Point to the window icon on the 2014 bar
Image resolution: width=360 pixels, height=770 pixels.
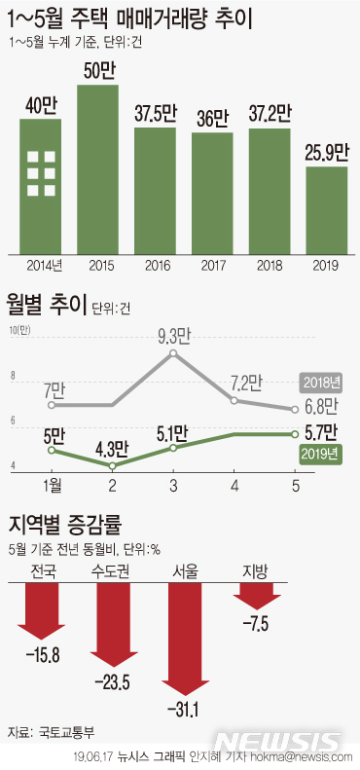[x=41, y=173]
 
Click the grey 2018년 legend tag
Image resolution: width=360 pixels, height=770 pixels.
[x=318, y=383]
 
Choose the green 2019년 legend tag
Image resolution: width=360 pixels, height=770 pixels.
[x=318, y=453]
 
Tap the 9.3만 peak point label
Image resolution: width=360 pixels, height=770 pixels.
[x=174, y=336]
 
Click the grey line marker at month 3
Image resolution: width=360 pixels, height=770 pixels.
[x=174, y=353]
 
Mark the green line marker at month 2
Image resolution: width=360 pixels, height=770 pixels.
[x=111, y=466]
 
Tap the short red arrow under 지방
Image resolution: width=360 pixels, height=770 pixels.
[x=260, y=589]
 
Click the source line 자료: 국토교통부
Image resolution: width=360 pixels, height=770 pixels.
[x=52, y=731]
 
